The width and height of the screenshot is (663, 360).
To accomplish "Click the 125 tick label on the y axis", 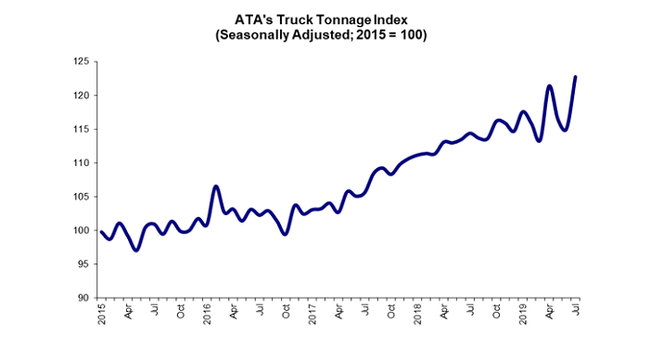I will coord(83,62).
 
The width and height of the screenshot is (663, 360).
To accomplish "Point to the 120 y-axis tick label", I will coord(83,96).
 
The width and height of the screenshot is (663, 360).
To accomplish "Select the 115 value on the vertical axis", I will coord(83,129).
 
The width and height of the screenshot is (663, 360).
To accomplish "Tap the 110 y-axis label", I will coord(83,163).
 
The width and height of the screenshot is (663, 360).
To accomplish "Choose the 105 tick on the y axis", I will coord(83,197).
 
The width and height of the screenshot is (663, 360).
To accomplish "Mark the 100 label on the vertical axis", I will coord(83,230).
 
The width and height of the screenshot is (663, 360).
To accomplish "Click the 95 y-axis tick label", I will coord(84,264).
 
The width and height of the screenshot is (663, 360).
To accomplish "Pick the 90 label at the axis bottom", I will coord(84,298).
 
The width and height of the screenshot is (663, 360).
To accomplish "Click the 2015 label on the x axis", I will coord(102,316).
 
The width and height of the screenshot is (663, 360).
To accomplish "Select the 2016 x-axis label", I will coord(205,316).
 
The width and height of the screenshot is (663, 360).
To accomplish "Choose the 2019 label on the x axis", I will coord(523,316).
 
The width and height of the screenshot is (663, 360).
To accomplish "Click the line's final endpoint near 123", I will coord(576,77).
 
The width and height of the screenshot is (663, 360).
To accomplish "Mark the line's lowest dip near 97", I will coord(135,250).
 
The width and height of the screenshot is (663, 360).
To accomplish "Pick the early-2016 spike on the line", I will coord(215,186).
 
